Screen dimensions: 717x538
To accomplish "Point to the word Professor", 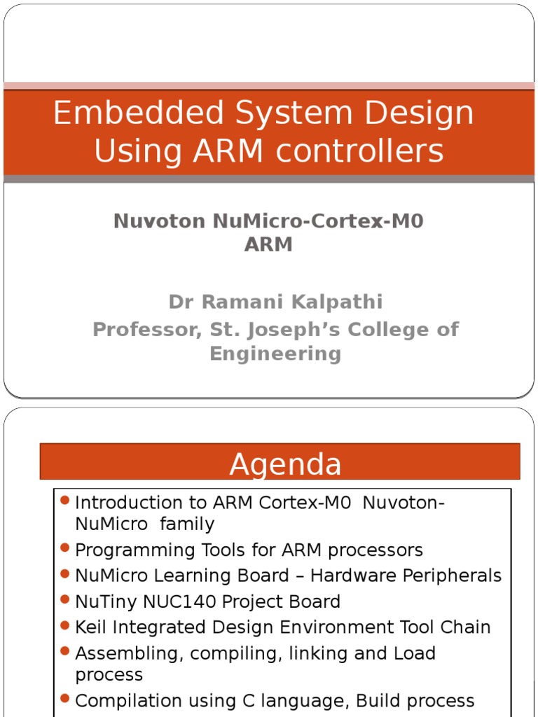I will pos(144,329).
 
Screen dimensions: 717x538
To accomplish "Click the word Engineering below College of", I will pos(275,353).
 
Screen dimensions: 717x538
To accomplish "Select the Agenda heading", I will pos(285,465).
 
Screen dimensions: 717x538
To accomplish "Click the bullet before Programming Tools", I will pos(65,548).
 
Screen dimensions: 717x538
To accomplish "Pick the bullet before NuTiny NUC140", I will pos(65,599).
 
